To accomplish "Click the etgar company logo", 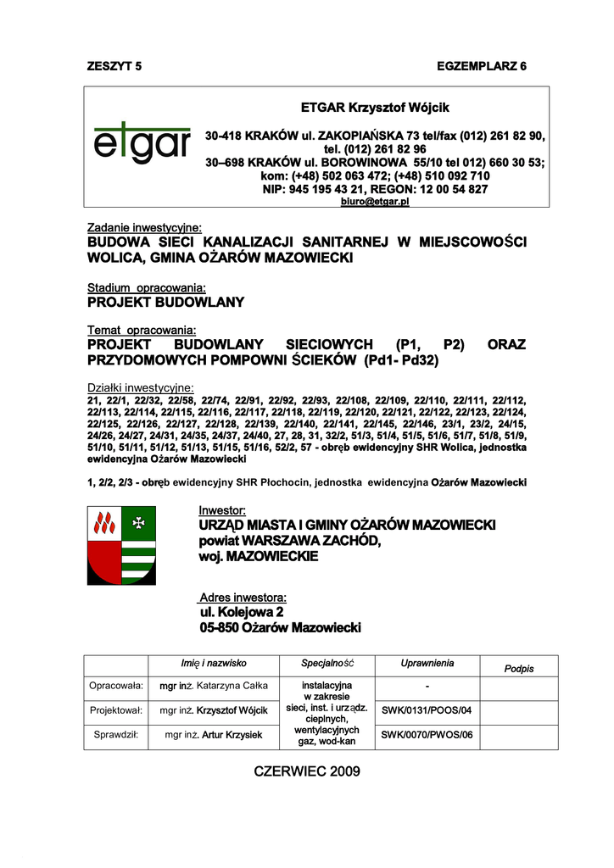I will pos(142,145).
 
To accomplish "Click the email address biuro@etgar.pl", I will pos(375,202).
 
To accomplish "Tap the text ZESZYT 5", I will pos(115,66).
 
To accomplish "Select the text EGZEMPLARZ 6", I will pos(482,66).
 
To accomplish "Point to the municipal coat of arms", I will pos(121,545).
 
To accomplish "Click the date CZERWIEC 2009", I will pos(307,771).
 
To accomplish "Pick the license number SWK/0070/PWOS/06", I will pos(427,735).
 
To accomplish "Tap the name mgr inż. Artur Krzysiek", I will pos(214,735).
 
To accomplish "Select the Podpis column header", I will pos(519,669).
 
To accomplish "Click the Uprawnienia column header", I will pos(427,663).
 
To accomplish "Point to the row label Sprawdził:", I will pos(115,735).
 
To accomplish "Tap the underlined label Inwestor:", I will pos(222,511).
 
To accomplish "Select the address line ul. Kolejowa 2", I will pos(242,612).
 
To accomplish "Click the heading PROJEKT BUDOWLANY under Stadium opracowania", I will pos(166,302).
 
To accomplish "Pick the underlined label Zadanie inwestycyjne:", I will pos(145,228).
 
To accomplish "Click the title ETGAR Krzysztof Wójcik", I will pos(375,108).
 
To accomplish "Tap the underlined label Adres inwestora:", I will pos(243,597).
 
